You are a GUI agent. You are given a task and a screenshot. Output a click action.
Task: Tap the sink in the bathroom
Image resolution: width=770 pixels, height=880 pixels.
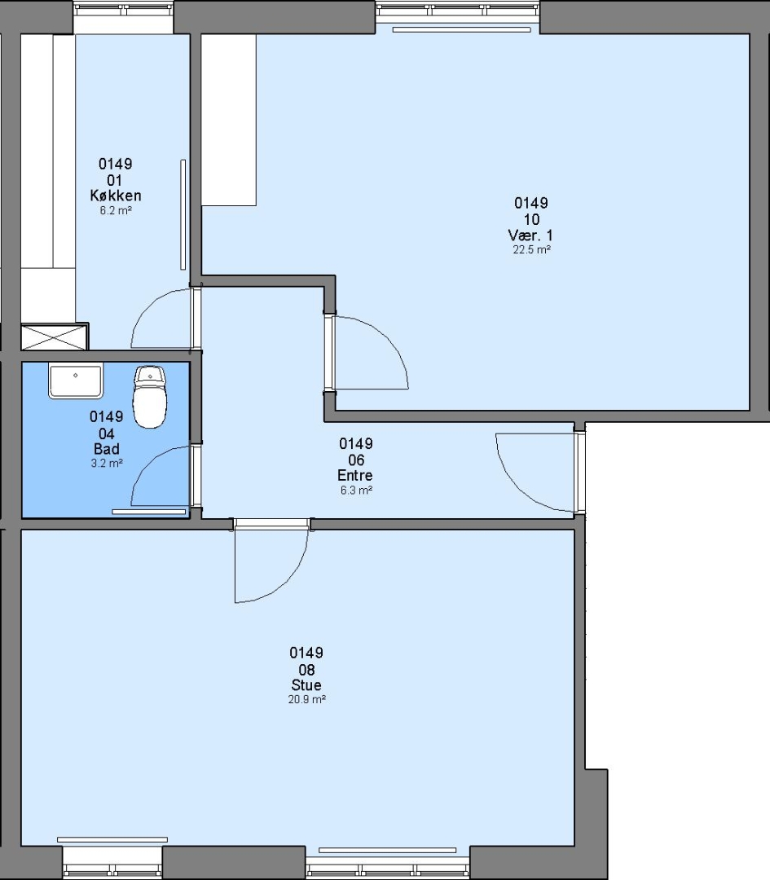coord(76,381)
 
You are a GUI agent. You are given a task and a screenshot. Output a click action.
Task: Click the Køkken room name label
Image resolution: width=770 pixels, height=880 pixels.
coord(116,196)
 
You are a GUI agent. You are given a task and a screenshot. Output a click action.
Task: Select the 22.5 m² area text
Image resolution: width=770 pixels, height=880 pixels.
coord(531,250)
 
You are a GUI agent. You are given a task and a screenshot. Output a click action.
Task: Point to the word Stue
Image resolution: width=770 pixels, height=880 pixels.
coord(306,684)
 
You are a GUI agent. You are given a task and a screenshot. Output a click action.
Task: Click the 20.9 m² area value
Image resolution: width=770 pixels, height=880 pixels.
coord(307,699)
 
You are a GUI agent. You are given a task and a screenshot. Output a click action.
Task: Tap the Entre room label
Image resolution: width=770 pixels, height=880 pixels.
coord(355,475)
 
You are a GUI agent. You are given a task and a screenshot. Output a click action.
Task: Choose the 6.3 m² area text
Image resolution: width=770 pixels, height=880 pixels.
coord(356,490)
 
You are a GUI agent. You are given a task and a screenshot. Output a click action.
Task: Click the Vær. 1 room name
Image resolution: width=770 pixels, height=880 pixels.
coord(530,235)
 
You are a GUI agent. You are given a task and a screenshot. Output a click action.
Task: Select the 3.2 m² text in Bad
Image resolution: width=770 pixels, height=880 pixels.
coord(107,463)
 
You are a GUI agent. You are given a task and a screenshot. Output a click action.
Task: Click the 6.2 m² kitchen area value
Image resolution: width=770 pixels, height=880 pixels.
coord(116,210)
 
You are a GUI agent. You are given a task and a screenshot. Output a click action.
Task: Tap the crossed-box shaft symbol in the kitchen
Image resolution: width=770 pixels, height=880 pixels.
coord(55,337)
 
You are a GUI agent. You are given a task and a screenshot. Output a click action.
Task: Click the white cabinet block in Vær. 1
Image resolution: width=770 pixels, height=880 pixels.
coord(229,120)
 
